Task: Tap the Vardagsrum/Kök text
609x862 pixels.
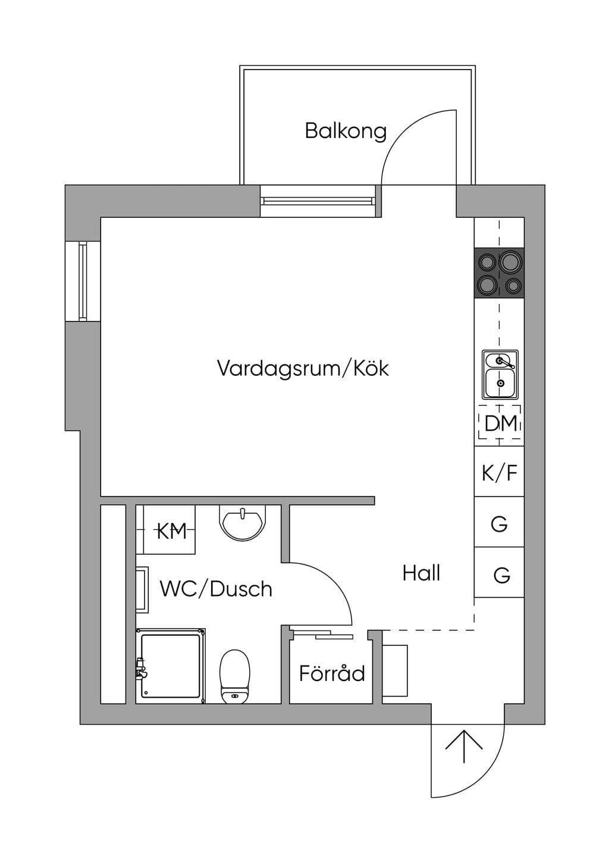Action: pyautogui.click(x=303, y=368)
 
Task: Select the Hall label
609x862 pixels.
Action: pyautogui.click(x=422, y=573)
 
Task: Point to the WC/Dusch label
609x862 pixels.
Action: pyautogui.click(x=216, y=589)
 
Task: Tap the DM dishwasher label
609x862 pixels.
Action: pyautogui.click(x=500, y=423)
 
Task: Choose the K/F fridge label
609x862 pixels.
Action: pyautogui.click(x=500, y=473)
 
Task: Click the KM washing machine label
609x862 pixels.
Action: pyautogui.click(x=172, y=532)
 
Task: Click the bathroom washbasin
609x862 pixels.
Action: pyautogui.click(x=242, y=523)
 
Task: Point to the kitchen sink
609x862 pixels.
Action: pyautogui.click(x=500, y=374)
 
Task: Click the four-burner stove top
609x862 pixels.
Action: pyautogui.click(x=500, y=273)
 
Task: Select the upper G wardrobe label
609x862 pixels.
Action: pyautogui.click(x=499, y=524)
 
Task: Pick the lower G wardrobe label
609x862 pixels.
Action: pyautogui.click(x=502, y=575)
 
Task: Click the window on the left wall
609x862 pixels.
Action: pyautogui.click(x=83, y=282)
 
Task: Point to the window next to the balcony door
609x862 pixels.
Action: pyautogui.click(x=318, y=201)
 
